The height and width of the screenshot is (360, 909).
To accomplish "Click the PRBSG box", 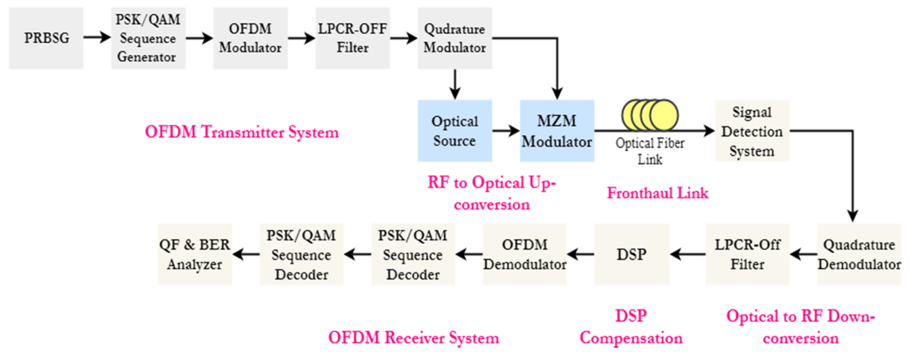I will [46, 38].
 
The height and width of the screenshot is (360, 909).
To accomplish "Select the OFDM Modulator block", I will [250, 38].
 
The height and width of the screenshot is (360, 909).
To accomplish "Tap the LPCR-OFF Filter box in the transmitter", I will [353, 38].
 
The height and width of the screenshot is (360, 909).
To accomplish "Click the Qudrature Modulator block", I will [455, 38].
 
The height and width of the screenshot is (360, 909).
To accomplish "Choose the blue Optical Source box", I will [455, 131].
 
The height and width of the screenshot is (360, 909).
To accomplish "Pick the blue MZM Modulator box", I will [557, 131].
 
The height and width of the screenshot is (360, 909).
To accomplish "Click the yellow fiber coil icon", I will [650, 115].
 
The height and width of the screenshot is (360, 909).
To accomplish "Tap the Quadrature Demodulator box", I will [859, 254].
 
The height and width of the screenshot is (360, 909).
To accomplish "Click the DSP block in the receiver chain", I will [632, 254].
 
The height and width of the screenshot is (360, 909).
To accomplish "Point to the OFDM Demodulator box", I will [524, 254].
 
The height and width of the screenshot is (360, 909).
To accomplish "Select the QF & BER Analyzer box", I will [194, 254].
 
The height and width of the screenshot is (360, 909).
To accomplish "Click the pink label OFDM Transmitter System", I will [242, 132].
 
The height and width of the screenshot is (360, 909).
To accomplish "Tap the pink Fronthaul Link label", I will [658, 193].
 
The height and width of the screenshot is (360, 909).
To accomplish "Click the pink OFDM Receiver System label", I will [414, 338].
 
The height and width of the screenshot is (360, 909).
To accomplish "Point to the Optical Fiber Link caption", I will [650, 151].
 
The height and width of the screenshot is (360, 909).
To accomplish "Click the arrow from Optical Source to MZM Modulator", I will [506, 131].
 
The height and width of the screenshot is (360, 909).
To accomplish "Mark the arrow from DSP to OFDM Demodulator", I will [581, 254].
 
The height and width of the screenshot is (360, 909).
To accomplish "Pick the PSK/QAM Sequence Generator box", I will [148, 38].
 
